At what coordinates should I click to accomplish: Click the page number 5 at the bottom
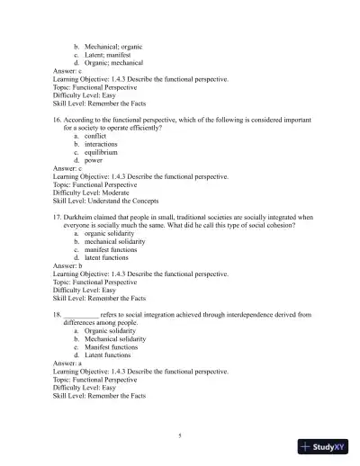point(180,435)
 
